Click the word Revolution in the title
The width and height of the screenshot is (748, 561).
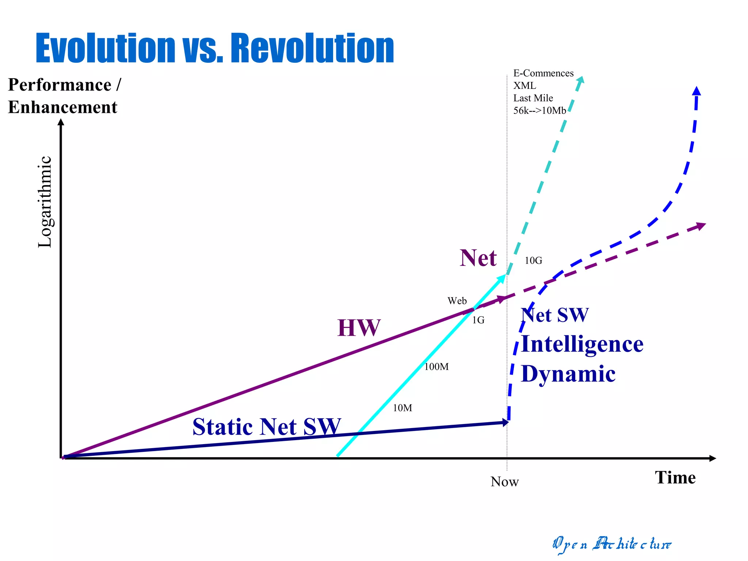[313, 48]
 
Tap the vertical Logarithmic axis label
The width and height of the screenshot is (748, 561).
[45, 202]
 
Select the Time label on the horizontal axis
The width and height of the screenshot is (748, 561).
[675, 478]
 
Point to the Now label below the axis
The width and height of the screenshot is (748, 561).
[504, 482]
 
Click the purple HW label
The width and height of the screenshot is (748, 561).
[359, 328]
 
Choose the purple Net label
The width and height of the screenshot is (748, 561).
[478, 258]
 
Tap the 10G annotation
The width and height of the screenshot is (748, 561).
[533, 261]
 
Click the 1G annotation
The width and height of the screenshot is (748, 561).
[478, 320]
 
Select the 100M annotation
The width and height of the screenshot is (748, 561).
[436, 367]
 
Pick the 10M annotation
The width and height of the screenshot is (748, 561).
[402, 408]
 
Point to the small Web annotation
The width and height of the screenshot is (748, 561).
[457, 301]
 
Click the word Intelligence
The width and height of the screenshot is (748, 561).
[582, 344]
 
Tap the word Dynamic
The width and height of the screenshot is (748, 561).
[568, 374]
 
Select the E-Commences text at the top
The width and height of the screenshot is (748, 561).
[543, 73]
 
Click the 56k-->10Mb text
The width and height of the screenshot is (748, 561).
[539, 111]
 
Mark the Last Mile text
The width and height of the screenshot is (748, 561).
[533, 98]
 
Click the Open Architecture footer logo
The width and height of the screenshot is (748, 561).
[611, 544]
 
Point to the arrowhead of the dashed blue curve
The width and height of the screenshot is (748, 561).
[697, 91]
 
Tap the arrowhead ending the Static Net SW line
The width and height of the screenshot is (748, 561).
[505, 423]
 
